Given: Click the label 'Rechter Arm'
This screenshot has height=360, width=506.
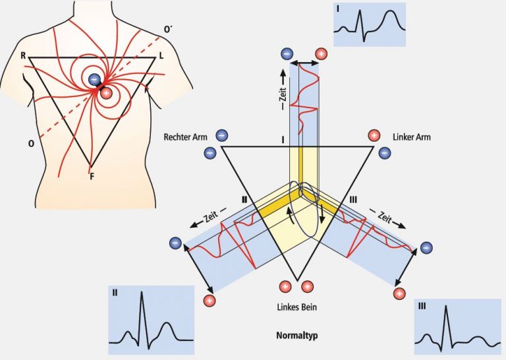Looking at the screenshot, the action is pyautogui.click(x=185, y=137).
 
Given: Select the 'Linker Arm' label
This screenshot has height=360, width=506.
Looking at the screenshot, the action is pyautogui.click(x=411, y=137).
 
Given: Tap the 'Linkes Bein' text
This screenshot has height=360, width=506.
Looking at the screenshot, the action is pyautogui.click(x=297, y=307).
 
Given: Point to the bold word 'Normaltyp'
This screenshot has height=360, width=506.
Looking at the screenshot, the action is pyautogui.click(x=297, y=336).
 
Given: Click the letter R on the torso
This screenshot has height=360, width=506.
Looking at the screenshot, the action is pyautogui.click(x=23, y=56).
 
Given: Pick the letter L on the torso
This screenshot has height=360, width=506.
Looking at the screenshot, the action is pyautogui.click(x=161, y=56).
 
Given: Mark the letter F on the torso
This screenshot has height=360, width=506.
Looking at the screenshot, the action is pyautogui.click(x=92, y=177).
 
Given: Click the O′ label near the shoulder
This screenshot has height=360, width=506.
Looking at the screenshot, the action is pyautogui.click(x=168, y=30).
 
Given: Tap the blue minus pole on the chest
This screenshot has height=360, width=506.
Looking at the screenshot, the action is pyautogui.click(x=94, y=79).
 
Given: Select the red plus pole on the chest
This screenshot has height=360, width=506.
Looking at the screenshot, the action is pyautogui.click(x=106, y=94).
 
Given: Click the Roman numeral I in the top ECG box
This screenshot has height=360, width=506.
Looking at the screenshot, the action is pyautogui.click(x=337, y=9).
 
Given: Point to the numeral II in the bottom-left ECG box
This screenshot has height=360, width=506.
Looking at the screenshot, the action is pyautogui.click(x=115, y=293).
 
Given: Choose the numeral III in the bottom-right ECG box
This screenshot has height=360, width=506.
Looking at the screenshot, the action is pyautogui.click(x=422, y=306).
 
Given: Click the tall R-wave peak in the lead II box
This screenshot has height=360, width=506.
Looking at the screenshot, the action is pyautogui.click(x=142, y=292).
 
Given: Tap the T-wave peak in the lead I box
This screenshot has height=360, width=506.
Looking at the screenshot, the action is pyautogui.click(x=391, y=11).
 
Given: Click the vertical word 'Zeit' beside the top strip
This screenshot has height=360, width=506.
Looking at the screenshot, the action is pyautogui.click(x=283, y=98).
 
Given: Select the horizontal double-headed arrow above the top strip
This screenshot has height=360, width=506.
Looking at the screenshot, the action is pyautogui.click(x=304, y=62).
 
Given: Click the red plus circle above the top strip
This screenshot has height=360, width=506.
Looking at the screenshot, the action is pyautogui.click(x=321, y=53).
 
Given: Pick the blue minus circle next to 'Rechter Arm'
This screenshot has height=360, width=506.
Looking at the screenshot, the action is pyautogui.click(x=221, y=135).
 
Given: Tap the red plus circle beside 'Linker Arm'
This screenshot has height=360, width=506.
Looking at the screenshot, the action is pyautogui.click(x=374, y=135).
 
